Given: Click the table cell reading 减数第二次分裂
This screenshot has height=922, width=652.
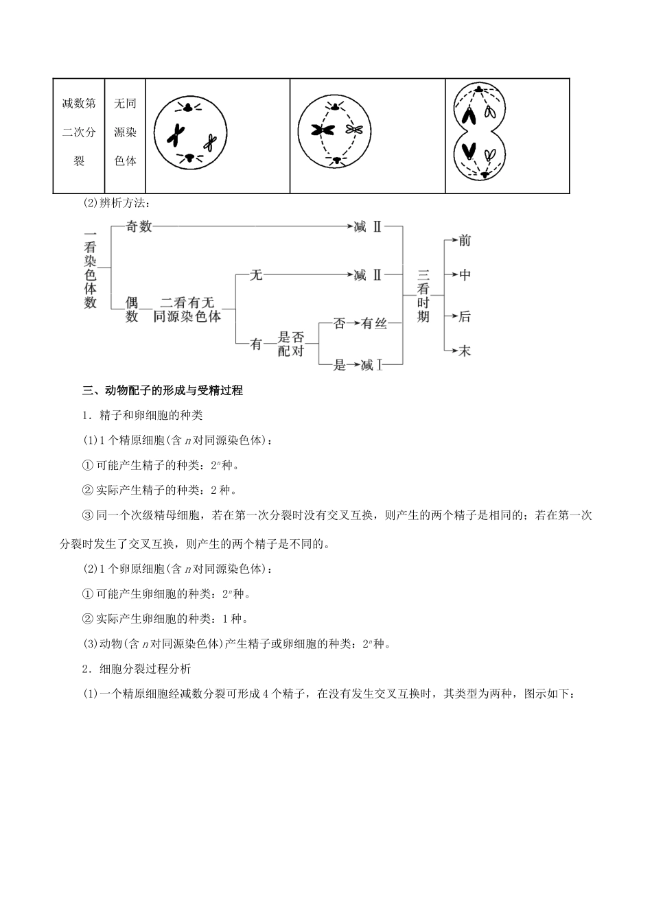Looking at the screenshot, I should click(79, 132).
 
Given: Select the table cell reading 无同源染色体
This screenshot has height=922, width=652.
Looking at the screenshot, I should click(125, 132).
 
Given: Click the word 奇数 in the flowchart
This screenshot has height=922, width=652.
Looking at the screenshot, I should click(139, 226).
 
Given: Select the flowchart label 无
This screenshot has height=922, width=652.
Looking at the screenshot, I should click(255, 275).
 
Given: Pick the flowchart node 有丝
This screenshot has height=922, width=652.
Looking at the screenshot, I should click(374, 323).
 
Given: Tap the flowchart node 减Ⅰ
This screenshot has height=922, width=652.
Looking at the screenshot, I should click(371, 365).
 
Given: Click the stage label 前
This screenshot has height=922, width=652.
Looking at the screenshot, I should click(465, 240).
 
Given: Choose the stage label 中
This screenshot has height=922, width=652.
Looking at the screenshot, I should click(465, 275).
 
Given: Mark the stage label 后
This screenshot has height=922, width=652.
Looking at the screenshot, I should click(465, 316).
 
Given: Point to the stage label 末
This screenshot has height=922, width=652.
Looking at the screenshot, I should click(465, 351).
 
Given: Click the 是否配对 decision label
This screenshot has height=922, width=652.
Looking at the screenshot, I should click(290, 344).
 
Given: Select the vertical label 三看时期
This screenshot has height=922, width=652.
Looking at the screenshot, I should click(423, 296).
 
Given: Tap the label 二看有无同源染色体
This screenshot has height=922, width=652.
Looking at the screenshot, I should click(187, 309).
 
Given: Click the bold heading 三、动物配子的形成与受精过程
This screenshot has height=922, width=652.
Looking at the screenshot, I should click(163, 391).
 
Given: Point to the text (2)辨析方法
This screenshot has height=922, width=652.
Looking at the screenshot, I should click(114, 203).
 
